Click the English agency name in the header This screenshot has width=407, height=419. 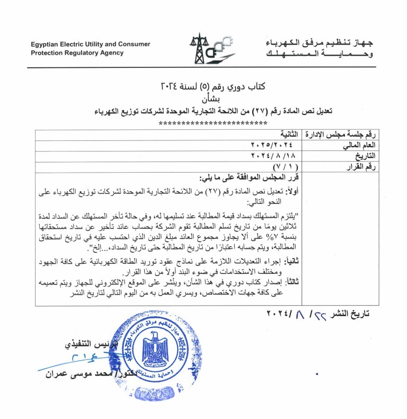click(x=90, y=48)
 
